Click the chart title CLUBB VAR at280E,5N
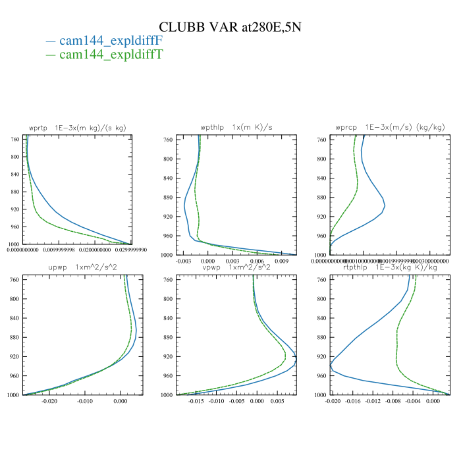[230, 27]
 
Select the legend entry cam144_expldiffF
[111, 41]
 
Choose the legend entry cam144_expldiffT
[111, 55]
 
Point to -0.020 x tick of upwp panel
[50, 401]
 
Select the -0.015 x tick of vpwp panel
[196, 401]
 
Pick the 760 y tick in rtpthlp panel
[321, 280]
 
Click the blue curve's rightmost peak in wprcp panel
[385, 206]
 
